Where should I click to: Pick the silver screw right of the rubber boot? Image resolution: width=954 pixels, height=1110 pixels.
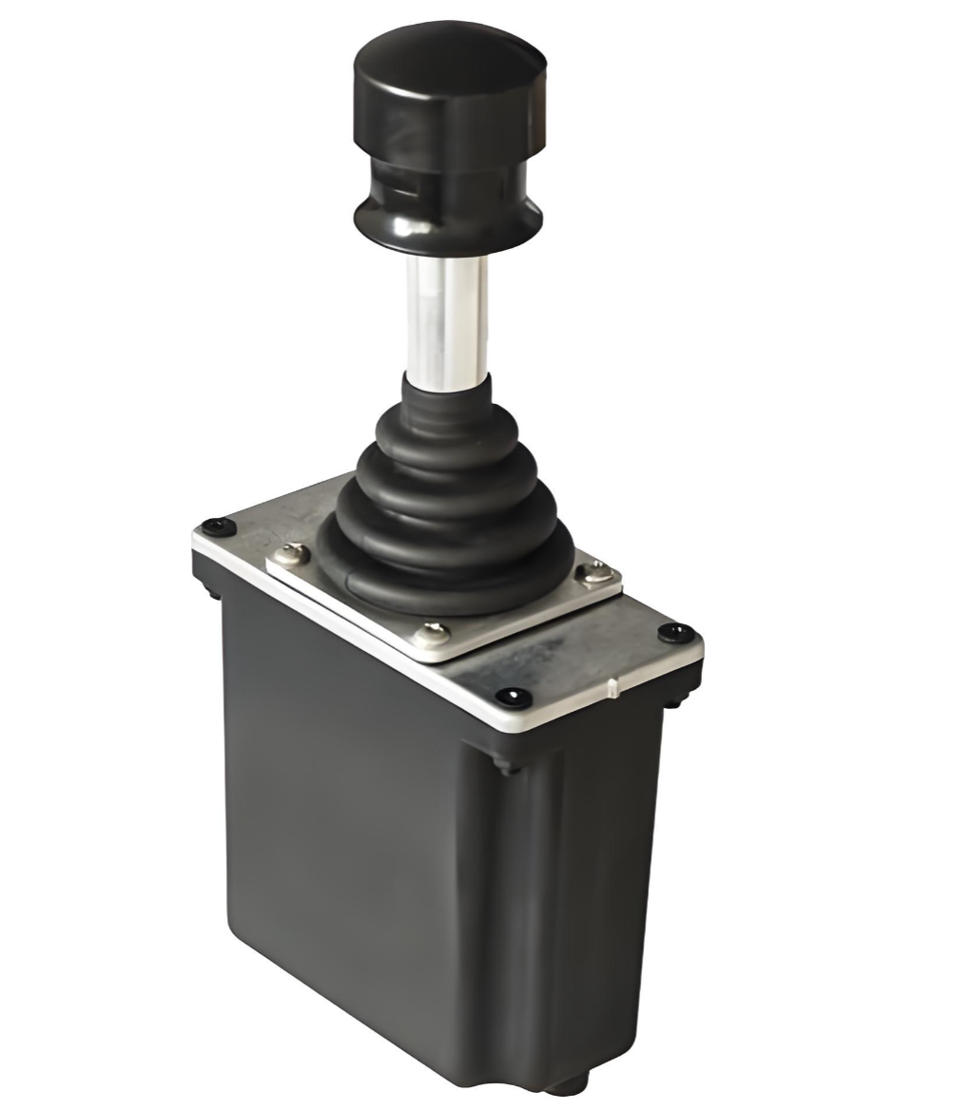(x=596, y=571)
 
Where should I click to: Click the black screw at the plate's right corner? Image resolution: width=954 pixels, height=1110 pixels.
(x=676, y=632)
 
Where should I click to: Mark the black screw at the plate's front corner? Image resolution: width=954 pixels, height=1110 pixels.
(x=514, y=698)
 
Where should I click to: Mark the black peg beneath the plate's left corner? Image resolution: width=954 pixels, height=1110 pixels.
(x=212, y=589)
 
